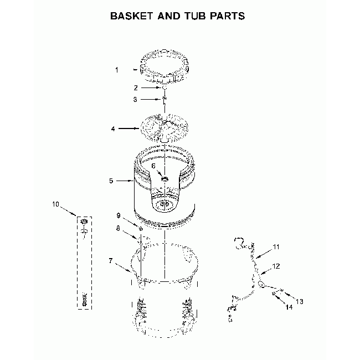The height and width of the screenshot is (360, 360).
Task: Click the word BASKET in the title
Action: tap(132, 16)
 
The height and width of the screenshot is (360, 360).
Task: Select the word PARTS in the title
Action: tap(227, 16)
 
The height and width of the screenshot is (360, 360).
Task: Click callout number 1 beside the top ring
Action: tap(117, 70)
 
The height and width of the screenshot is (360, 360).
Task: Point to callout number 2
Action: tap(136, 88)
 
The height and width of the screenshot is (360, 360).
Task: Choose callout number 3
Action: tap(135, 99)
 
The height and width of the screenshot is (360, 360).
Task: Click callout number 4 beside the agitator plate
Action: tap(113, 129)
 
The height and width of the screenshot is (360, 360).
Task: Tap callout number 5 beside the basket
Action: tap(111, 181)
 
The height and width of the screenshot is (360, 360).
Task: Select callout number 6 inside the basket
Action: tap(153, 166)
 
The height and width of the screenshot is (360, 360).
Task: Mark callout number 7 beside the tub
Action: tap(111, 261)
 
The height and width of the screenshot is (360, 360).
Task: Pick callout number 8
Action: tap(118, 228)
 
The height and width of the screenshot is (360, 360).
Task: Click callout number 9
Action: tap(119, 215)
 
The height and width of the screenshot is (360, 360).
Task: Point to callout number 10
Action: tap(55, 204)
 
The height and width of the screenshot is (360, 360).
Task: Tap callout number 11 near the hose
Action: tap(276, 247)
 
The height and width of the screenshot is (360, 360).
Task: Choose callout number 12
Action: tap(276, 266)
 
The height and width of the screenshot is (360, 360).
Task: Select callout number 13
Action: tap(300, 301)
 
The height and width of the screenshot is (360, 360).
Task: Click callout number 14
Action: tap(289, 307)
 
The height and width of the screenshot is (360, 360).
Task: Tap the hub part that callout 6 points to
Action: tap(164, 179)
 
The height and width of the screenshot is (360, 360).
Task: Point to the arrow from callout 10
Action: tap(68, 211)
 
